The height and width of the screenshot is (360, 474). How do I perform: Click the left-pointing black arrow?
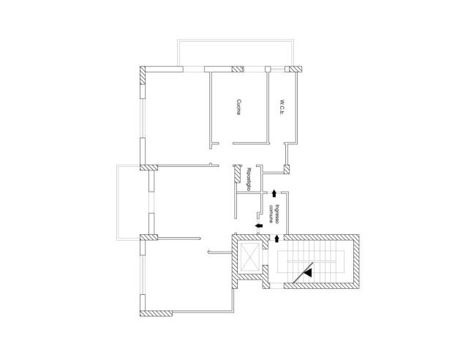pos(260,227)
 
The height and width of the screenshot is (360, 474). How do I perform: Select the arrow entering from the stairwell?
pos(276,238)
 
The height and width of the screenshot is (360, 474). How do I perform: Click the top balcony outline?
pos(238,52)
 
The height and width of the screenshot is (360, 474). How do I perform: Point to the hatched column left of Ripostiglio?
pos(238,174)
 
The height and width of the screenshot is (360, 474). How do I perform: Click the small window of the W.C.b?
pos(279,69)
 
